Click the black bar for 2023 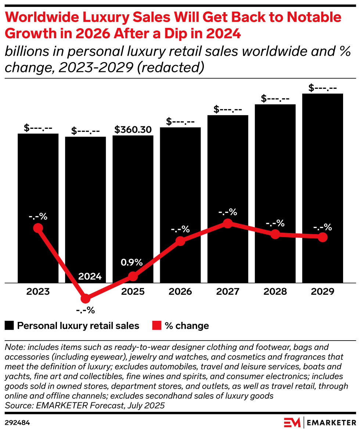pos(38,176)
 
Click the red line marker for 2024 pos(86,298)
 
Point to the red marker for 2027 pos(228,223)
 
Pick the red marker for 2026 pos(180,241)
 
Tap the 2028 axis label pos(275,291)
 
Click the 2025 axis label pos(133,291)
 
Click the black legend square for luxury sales pos(10,326)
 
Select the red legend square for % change pos(157,326)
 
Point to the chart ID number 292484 pos(17,422)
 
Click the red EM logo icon pos(292,422)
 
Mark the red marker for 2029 pos(323,237)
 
